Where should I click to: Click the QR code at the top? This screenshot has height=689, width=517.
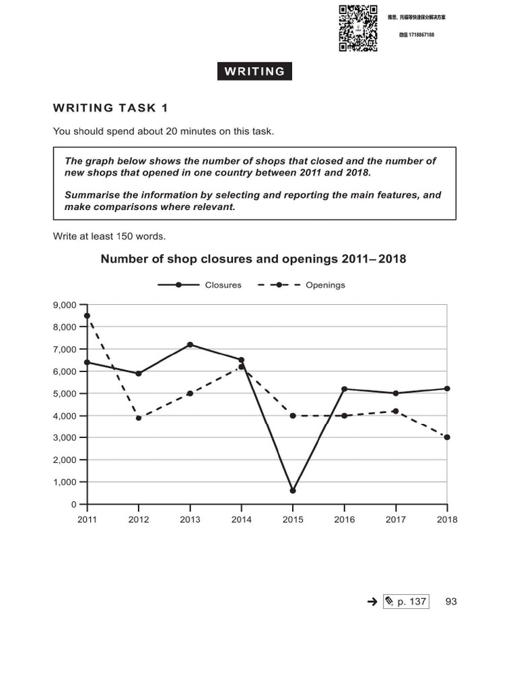pos(357,28)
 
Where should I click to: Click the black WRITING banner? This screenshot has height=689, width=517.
pos(254,71)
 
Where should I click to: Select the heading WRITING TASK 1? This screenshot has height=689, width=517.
pos(110,108)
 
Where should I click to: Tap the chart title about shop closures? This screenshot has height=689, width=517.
pos(253,259)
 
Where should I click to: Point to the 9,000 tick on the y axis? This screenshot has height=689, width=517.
pos(65,305)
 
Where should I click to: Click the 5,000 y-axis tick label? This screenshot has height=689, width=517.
pos(65,394)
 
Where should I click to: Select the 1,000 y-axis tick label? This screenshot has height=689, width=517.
pos(65,482)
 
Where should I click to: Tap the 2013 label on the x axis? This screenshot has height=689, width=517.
pos(190,519)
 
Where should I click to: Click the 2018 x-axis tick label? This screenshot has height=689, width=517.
pos(446,519)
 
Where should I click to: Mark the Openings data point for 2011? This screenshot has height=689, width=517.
pos(87,316)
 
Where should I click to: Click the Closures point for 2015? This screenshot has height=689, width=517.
pos(293,491)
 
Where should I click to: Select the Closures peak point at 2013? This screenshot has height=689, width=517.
pos(190,344)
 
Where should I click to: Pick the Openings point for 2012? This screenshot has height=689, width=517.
pos(139,418)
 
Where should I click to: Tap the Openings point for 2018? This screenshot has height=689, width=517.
pos(447,437)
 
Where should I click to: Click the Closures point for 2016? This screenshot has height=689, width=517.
pos(344,389)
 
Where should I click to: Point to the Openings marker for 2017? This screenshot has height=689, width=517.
pos(395,411)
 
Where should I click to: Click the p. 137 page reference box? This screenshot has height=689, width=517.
pos(406,602)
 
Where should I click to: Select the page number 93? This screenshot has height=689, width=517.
pos(451,602)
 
